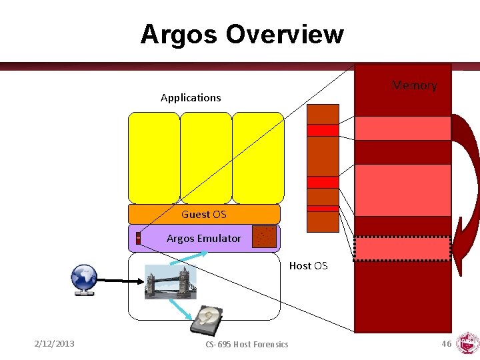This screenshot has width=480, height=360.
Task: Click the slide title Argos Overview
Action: (x=241, y=34)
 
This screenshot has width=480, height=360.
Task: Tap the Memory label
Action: (x=414, y=85)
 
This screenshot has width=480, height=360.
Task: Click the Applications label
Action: (x=191, y=97)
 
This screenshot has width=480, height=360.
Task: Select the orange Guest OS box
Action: (x=204, y=214)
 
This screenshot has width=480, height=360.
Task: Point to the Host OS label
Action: (x=308, y=265)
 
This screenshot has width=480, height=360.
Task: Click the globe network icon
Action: (x=85, y=279)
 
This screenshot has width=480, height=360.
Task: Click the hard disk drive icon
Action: (x=208, y=321)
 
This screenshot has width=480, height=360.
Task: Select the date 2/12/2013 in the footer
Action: (x=55, y=343)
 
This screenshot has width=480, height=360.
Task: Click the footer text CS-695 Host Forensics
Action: (x=247, y=344)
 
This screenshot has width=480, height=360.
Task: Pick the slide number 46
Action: (x=446, y=343)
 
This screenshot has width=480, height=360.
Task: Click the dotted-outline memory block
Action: (x=402, y=249)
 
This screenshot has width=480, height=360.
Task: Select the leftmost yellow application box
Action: (x=154, y=157)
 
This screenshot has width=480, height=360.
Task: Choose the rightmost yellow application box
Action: (x=258, y=157)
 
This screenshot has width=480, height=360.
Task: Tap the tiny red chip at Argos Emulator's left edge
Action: (x=138, y=238)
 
